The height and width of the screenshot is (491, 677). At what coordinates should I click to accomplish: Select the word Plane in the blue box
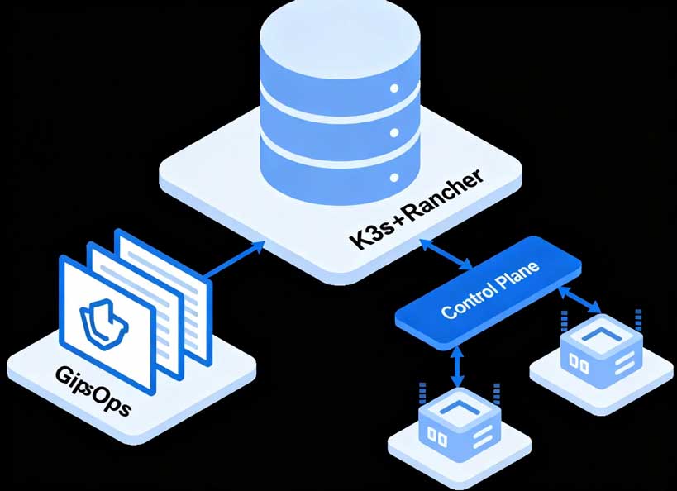coord(522,274)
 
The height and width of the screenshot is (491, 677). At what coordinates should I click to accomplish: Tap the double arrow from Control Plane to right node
coord(579,300)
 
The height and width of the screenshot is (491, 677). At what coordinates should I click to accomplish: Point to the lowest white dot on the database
coord(394,177)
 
